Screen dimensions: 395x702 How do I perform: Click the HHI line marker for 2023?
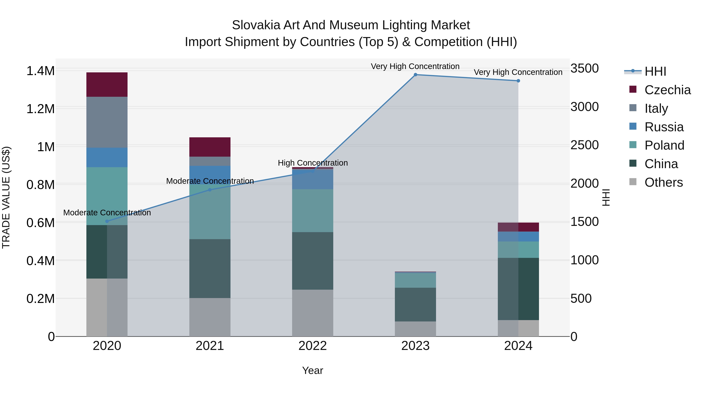pos(415,75)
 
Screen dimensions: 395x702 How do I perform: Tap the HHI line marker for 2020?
pos(107,221)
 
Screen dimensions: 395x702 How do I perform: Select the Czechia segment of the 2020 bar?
pos(107,84)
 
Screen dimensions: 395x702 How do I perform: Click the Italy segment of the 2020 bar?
pos(107,122)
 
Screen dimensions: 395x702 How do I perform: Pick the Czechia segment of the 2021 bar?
pos(210,147)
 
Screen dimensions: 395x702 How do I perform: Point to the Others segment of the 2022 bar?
pos(313,313)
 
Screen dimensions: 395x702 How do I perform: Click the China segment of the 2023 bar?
pos(415,304)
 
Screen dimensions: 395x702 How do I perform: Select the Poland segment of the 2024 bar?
pos(518,250)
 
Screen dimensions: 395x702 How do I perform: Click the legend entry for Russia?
pos(664,127)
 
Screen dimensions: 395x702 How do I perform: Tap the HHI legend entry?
pos(655,71)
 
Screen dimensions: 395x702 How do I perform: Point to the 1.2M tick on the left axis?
pos(40,109)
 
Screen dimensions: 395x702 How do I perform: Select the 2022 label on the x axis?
pos(313,346)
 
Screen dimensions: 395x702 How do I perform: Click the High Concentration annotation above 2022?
pos(313,163)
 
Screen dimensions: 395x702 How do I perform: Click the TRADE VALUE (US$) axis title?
pos(6,197)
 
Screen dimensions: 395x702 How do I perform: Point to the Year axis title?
pos(313,370)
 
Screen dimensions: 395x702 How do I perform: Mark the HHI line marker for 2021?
pos(210,190)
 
